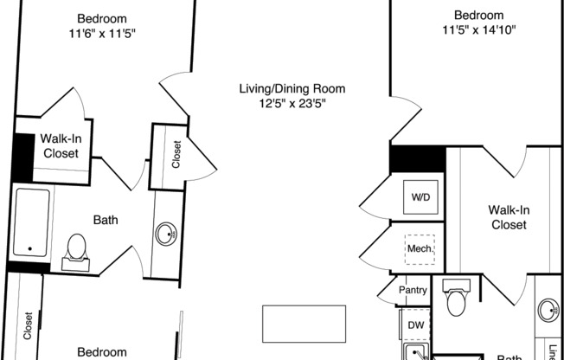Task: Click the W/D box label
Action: pyautogui.click(x=420, y=197)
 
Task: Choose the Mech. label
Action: pyautogui.click(x=420, y=249)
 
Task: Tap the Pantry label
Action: pyautogui.click(x=413, y=291)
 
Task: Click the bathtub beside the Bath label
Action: pyautogui.click(x=31, y=222)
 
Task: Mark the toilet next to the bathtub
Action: pyautogui.click(x=77, y=247)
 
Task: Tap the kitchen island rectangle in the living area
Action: pyautogui.click(x=304, y=322)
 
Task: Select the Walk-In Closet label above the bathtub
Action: pyautogui.click(x=60, y=145)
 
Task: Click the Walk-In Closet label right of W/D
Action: pyautogui.click(x=508, y=217)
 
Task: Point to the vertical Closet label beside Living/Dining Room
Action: pyautogui.click(x=177, y=155)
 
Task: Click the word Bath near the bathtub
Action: pyautogui.click(x=106, y=220)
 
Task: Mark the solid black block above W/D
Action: pyautogui.click(x=417, y=158)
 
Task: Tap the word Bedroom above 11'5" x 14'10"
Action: pyautogui.click(x=478, y=16)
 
